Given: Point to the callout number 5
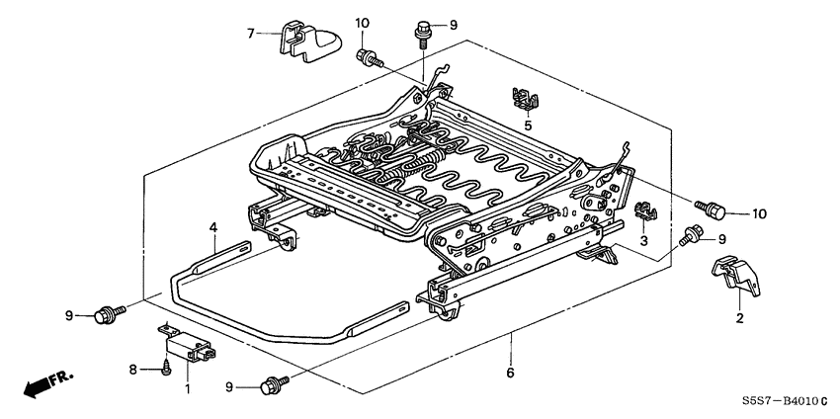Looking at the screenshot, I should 528,126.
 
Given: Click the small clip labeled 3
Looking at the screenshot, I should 643,210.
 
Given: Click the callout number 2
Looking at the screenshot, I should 738,319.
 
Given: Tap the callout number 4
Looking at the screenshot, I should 212,228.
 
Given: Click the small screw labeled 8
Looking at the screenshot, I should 166,370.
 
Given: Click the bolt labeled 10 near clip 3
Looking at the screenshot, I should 714,209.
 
